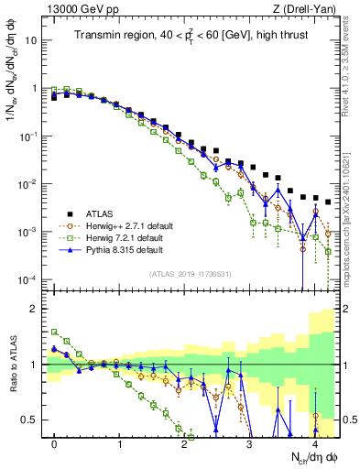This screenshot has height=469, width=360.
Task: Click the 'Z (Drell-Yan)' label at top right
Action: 304,8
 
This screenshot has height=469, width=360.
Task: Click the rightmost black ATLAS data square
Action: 327,202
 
